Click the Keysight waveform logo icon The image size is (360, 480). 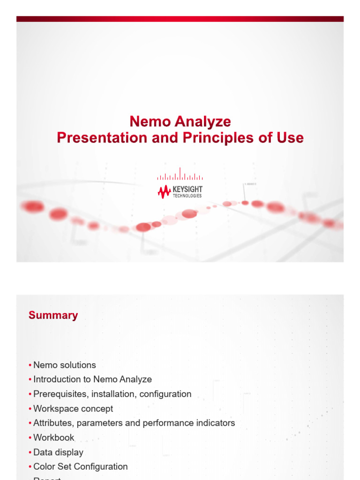coord(164,191)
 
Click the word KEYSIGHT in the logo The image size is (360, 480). coord(187,189)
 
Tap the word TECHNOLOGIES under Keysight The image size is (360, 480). coord(187,196)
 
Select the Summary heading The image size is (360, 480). coord(53,315)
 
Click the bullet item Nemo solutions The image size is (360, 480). coord(65,365)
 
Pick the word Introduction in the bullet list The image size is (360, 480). coord(57,380)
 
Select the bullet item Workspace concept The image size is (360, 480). coord(73,409)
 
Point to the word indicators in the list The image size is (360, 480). coord(212,423)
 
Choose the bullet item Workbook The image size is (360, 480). coord(54,438)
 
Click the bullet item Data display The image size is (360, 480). coord(58,452)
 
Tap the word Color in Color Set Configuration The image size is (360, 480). coord(44,467)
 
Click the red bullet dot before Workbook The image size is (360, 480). coord(30,438)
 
